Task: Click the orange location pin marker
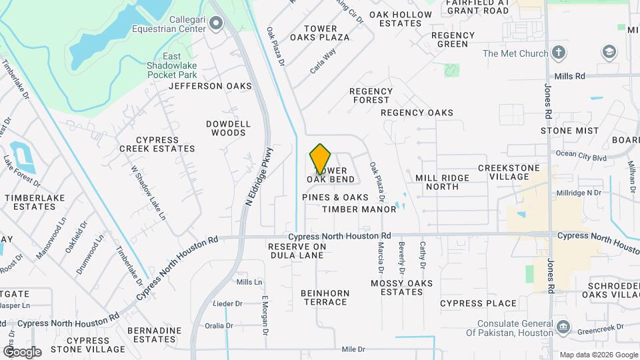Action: [321, 159]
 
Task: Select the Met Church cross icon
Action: [559, 53]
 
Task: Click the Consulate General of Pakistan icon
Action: [563, 327]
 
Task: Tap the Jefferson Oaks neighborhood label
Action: [210, 86]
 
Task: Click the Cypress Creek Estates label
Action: [157, 144]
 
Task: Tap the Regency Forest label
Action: [369, 95]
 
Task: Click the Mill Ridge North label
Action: [442, 182]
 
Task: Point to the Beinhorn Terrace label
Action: [324, 297]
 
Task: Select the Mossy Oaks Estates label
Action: [401, 287]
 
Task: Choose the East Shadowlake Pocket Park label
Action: [171, 65]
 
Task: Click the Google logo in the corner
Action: [21, 351]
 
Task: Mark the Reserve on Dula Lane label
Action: [297, 251]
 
